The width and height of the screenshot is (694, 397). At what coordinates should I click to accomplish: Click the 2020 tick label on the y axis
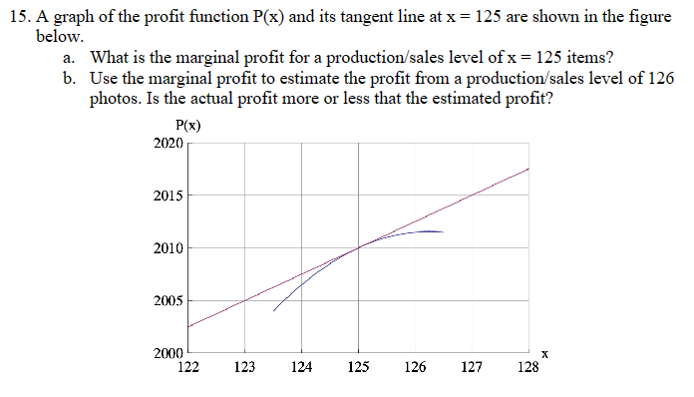click(x=169, y=143)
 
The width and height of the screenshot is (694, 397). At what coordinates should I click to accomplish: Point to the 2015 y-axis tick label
click(x=169, y=196)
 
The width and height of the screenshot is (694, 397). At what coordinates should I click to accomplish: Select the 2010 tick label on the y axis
click(x=169, y=247)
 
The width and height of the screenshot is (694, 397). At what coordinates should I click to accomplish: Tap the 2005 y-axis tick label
click(x=169, y=300)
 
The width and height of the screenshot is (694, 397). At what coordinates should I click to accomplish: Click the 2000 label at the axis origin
click(x=169, y=353)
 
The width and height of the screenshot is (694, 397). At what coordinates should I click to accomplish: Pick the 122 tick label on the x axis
click(x=186, y=367)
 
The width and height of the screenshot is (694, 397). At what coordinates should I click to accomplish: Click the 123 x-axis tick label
click(x=243, y=367)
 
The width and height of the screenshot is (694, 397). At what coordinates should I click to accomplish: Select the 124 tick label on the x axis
click(x=301, y=367)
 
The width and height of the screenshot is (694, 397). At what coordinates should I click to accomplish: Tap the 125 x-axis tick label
click(x=358, y=367)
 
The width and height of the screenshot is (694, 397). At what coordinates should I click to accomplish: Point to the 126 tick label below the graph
click(x=415, y=367)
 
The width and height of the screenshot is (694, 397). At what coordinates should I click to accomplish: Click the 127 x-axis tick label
click(x=473, y=367)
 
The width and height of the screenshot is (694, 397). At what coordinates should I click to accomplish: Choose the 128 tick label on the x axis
click(x=529, y=367)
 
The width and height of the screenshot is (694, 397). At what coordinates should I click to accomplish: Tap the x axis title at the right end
click(x=544, y=352)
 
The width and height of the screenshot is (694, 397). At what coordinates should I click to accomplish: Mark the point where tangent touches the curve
click(x=359, y=246)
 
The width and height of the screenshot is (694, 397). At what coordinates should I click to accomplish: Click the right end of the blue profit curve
click(x=443, y=231)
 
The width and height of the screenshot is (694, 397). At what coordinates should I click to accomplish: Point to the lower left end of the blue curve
click(x=273, y=310)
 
